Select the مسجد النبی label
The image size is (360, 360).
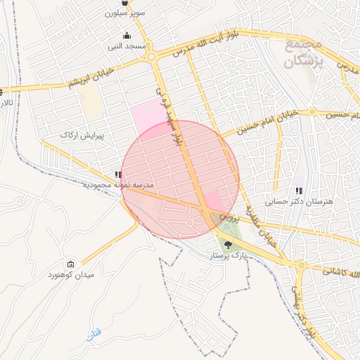coord(127,46)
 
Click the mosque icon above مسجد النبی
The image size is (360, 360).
coord(127,36)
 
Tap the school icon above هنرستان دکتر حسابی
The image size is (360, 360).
coord(300,191)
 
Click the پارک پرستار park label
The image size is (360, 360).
coord(226,257)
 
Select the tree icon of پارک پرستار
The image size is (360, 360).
coord(226,245)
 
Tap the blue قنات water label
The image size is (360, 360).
coord(94,336)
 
